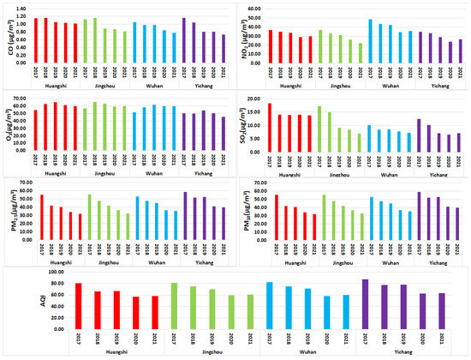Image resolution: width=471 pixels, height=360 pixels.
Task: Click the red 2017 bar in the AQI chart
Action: coord(78,308)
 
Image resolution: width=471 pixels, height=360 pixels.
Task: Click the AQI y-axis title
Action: coord(33,304)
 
